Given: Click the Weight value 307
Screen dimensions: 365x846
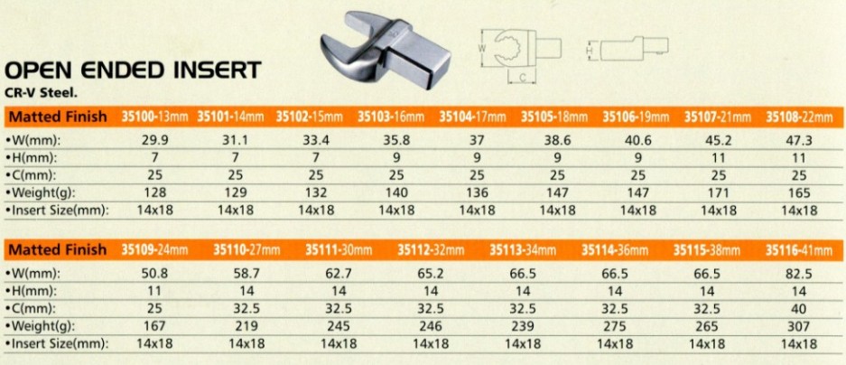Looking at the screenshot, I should click(795, 325).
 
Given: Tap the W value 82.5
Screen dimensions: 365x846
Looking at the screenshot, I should click(795, 273).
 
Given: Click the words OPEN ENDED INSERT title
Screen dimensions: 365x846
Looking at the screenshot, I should click(134, 70).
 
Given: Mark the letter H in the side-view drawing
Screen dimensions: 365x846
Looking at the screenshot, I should click(588, 51).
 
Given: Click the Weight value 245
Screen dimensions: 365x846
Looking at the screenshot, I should click(337, 325).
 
